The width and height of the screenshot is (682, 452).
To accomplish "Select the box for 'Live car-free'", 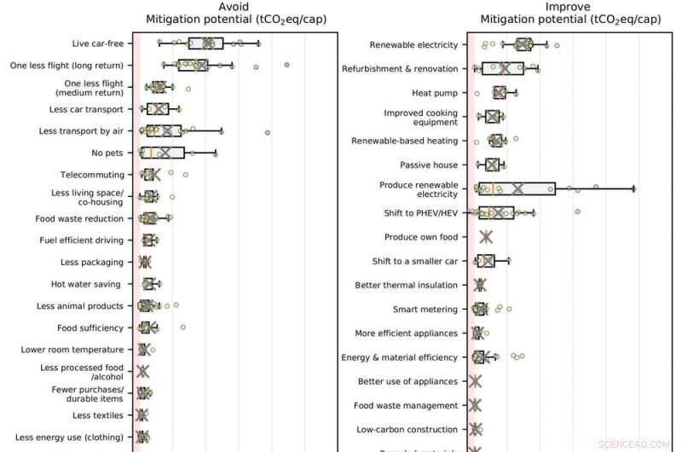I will pyautogui.click(x=205, y=43).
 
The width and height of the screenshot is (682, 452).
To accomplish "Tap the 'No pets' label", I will pyautogui.click(x=107, y=154).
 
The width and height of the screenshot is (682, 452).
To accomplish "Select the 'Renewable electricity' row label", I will pyautogui.click(x=413, y=44).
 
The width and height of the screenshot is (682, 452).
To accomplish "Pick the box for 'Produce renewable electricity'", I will pyautogui.click(x=517, y=188).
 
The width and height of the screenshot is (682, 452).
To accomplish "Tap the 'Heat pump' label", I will pyautogui.click(x=435, y=93).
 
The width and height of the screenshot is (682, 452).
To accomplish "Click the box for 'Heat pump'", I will pyautogui.click(x=500, y=92).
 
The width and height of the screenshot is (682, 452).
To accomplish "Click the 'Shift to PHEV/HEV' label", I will pyautogui.click(x=418, y=213).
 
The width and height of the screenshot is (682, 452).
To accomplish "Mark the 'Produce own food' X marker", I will pyautogui.click(x=486, y=237).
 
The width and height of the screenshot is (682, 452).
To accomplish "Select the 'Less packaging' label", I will pyautogui.click(x=92, y=262).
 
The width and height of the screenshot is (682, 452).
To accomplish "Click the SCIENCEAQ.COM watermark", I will pyautogui.click(x=637, y=444).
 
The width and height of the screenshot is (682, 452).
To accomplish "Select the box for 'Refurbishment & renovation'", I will pyautogui.click(x=506, y=68).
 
